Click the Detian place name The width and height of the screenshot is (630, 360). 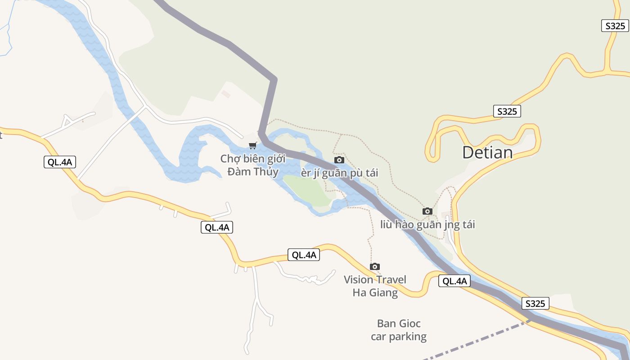[487, 153]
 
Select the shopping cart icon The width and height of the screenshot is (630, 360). [253, 145]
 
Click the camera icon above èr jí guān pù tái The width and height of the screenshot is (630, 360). [339, 160]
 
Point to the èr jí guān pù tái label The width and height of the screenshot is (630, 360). [339, 173]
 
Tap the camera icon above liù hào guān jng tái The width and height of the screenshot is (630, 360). [427, 211]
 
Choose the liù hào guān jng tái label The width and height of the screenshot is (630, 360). [427, 224]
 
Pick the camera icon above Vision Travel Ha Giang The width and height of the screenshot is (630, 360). [375, 266]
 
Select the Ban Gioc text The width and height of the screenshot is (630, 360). [399, 324]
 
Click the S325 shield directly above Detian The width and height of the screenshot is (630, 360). [507, 111]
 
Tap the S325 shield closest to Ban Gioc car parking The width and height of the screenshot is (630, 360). [535, 303]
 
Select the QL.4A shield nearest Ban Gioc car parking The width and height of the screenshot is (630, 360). [454, 281]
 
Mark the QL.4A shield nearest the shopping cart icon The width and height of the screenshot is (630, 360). [217, 227]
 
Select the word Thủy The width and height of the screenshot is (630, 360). [265, 172]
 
